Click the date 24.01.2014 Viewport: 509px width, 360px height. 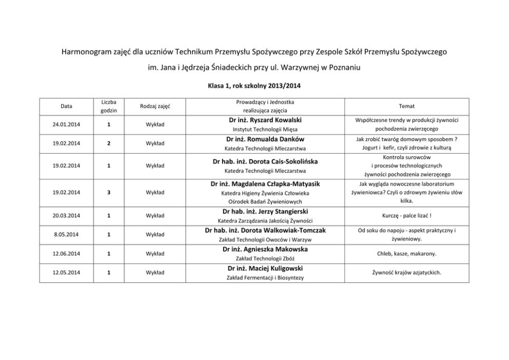pos(66,124)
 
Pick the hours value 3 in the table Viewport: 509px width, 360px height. pos(109,193)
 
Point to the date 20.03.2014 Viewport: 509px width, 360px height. pos(66,216)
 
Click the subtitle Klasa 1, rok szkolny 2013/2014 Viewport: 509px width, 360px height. pos(254,87)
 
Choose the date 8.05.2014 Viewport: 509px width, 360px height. pos(66,235)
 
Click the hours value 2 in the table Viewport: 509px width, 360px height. pos(109,143)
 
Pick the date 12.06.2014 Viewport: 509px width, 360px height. pos(66,253)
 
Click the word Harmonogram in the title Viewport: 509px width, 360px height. pos(86,52)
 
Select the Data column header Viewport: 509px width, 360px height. pos(66,106)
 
